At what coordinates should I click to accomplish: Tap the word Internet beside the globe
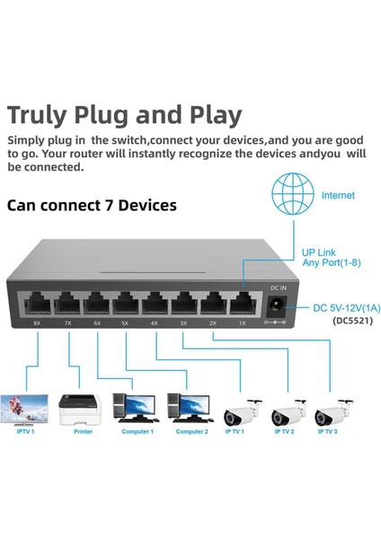pyautogui.click(x=337, y=195)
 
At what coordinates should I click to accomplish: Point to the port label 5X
pyautogui.click(x=125, y=323)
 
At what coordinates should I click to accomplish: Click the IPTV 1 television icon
pyautogui.click(x=25, y=409)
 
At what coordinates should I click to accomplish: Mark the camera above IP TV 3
pyautogui.click(x=333, y=414)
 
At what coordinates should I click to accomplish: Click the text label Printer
pyautogui.click(x=83, y=432)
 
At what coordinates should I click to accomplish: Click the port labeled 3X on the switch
pyautogui.click(x=183, y=304)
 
